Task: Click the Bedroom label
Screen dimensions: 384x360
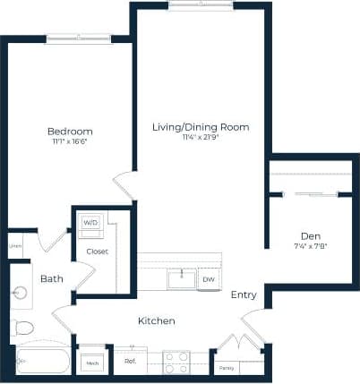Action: [x=70, y=132]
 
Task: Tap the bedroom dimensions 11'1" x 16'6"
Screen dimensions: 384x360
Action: [x=70, y=141]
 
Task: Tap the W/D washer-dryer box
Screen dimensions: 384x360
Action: [x=90, y=223]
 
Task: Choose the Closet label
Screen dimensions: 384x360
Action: [x=98, y=252]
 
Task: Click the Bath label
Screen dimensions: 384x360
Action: [x=51, y=279]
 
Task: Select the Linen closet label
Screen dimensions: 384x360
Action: [x=16, y=245]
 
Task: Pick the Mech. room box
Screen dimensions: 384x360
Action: [x=91, y=363]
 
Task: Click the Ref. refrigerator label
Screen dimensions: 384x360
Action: [x=129, y=362]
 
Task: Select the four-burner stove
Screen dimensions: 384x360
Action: [x=176, y=362]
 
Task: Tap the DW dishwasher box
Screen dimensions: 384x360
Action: [x=208, y=280]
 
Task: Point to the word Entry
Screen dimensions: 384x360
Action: [x=244, y=295]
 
